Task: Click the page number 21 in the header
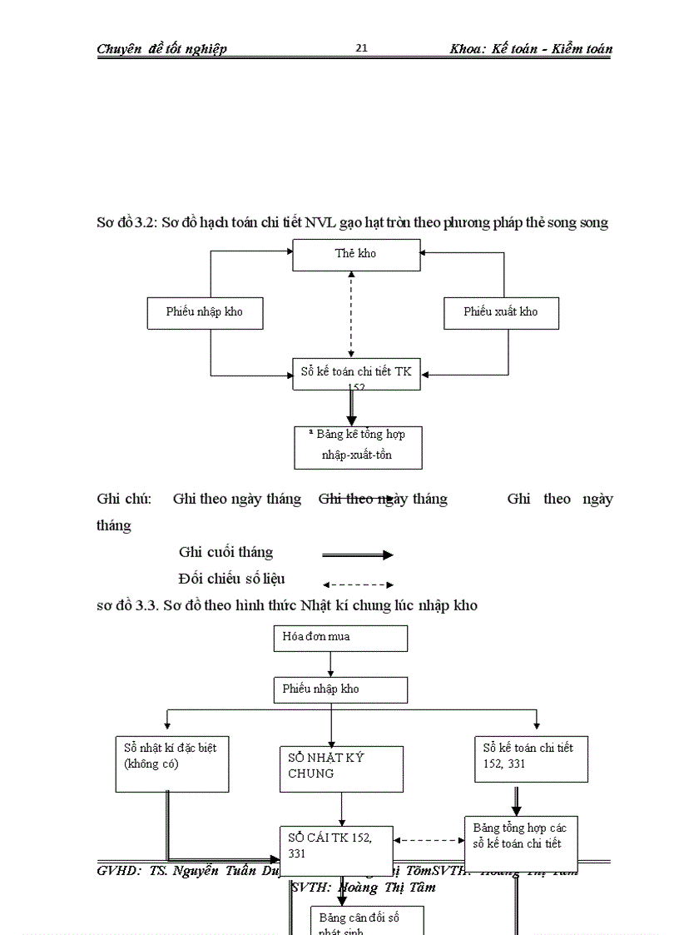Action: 361,48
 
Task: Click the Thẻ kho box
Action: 356,255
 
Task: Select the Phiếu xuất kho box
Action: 500,312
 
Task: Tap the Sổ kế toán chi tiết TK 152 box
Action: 356,373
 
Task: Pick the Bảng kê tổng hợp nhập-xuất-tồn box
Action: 357,447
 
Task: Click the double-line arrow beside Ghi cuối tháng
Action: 357,555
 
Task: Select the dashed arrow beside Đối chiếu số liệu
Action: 357,584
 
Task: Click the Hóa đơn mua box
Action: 340,638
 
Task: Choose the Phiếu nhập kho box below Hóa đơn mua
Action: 340,689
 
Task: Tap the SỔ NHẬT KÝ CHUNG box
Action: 340,768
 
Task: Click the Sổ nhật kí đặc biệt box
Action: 171,763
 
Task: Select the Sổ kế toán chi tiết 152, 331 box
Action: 531,758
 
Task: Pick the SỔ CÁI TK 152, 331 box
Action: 336,845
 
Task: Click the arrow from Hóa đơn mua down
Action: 331,664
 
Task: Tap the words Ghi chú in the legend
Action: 124,499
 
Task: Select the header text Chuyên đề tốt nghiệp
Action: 161,48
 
